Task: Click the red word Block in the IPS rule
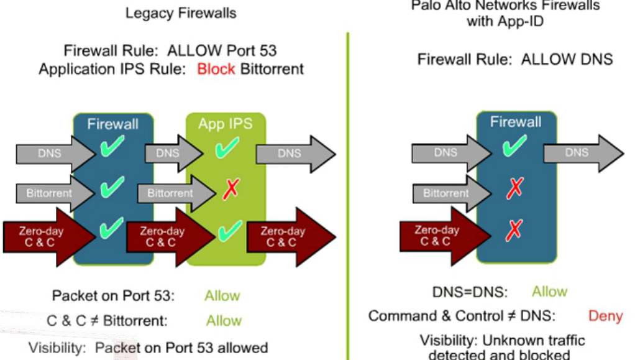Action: point(216,68)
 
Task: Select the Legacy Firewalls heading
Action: point(181,13)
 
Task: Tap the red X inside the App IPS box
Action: point(230,189)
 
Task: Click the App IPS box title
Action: point(226,124)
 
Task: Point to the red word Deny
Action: point(605,316)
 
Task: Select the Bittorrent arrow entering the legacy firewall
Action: point(53,193)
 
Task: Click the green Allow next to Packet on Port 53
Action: point(222,296)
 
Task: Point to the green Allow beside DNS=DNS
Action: point(549,292)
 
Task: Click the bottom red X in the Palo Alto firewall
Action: point(514,231)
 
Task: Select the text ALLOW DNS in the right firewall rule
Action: point(567,60)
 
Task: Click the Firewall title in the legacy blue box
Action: point(112,124)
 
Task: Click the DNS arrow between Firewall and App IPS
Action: point(169,153)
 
